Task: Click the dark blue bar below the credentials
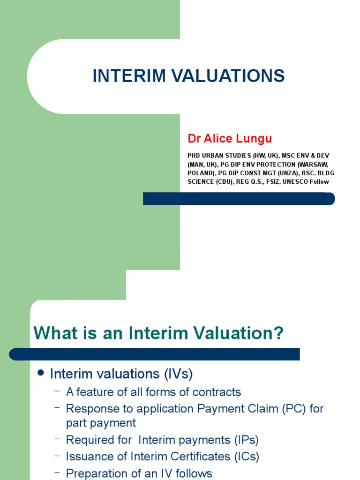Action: click(239, 198)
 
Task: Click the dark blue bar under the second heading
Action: click(155, 354)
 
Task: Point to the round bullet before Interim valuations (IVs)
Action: click(40, 373)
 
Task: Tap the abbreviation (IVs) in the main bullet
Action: click(178, 374)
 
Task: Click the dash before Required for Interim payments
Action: click(57, 439)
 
